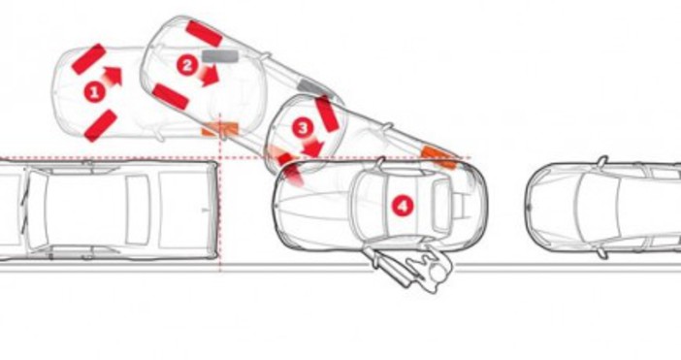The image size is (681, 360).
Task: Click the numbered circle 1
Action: [x=94, y=92]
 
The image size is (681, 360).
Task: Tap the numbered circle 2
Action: [x=187, y=66]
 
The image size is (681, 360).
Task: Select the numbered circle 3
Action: [x=303, y=128]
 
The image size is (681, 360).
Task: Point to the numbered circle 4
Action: [x=403, y=206]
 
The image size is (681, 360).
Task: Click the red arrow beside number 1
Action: [x=113, y=77]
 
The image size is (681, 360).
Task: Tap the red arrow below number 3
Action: [x=313, y=147]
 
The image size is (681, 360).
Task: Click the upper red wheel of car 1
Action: [x=88, y=59]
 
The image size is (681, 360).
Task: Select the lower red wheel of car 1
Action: [x=100, y=126]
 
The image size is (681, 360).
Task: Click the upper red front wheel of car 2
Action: [x=204, y=33]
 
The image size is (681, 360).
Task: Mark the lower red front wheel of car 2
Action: [x=171, y=96]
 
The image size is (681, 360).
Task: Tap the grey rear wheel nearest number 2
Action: [x=220, y=56]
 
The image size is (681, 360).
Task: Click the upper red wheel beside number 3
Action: [x=327, y=114]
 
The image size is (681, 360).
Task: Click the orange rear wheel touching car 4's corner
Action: [x=439, y=157]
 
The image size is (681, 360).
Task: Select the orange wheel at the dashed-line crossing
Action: [x=220, y=129]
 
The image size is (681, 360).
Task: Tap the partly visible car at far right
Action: [x=602, y=208]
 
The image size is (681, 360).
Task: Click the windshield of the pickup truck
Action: [x=35, y=211]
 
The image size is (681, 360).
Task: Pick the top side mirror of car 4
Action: [x=381, y=162]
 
